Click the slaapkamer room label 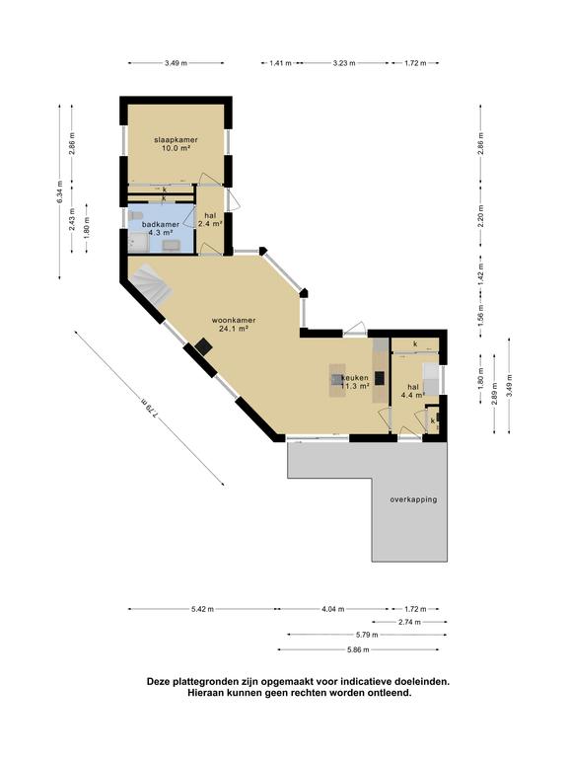click(176, 140)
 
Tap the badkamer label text click(161, 224)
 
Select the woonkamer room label click(234, 320)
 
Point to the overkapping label click(413, 499)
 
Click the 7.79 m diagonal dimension click(149, 408)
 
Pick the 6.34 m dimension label click(59, 191)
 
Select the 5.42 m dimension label click(202, 609)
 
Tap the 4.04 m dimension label click(333, 609)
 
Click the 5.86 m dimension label click(358, 649)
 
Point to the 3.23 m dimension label click(344, 63)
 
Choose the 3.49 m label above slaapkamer click(176, 63)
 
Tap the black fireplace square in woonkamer click(203, 346)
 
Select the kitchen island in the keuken click(337, 380)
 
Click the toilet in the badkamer click(135, 215)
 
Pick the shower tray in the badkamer click(139, 242)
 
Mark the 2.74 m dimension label click(409, 622)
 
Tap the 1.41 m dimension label click(281, 63)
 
